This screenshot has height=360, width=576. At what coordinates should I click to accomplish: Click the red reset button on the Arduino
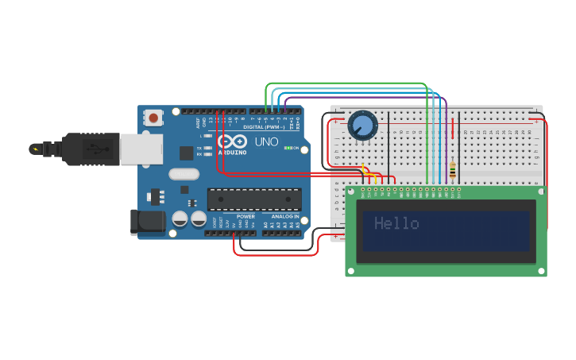153,118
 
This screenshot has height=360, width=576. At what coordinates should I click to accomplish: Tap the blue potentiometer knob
362,125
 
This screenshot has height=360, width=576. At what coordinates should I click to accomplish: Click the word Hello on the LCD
396,224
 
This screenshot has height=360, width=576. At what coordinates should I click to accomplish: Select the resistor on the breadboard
453,170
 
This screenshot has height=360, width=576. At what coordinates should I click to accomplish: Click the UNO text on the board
267,141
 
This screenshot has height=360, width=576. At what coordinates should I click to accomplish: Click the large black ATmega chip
254,199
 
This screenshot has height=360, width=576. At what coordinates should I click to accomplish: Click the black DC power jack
148,222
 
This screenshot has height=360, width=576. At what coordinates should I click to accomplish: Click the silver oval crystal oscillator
184,174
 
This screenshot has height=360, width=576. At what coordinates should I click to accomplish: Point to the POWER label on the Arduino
246,216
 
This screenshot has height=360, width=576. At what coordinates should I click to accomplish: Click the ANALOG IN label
285,216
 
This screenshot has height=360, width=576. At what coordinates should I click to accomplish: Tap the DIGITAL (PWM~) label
263,127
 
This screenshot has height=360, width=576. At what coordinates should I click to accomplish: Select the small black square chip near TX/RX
185,153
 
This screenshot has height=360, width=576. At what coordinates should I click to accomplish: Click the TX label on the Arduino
199,148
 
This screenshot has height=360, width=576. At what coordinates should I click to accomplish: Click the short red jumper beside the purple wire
453,129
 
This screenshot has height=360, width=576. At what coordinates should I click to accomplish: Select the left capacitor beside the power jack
180,218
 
